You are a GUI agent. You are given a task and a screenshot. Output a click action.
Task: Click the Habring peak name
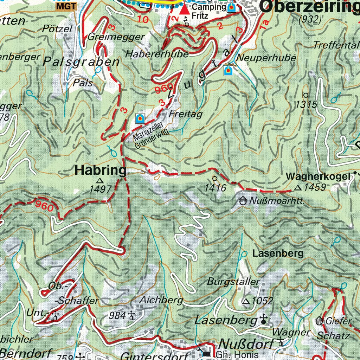pos(101,171)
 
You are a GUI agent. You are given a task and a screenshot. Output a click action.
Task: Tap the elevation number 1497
pos(101,189)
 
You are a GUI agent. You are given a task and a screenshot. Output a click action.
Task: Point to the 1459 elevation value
pos(315,188)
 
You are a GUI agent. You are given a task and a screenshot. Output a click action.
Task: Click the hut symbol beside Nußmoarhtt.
pos(243,201)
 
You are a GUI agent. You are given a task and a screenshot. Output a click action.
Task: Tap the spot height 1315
pos(306,104)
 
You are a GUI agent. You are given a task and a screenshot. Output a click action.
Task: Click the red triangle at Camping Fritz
pos(184,9)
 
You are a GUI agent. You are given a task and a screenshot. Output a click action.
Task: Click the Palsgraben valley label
pos(81,62)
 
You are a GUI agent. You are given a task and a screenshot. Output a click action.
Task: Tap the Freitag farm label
pos(186,114)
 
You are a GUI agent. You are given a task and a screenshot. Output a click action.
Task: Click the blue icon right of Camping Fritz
pos(231,7)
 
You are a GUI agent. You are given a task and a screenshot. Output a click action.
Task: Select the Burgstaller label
pos(233,282)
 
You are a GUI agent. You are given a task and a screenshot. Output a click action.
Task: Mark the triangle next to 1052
pos(246,301)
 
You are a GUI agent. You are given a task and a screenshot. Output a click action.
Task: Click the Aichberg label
pos(161,300)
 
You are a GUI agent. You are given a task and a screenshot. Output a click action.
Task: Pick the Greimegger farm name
pos(116,37)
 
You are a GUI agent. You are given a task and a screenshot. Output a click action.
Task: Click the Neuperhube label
pos(266,57)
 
